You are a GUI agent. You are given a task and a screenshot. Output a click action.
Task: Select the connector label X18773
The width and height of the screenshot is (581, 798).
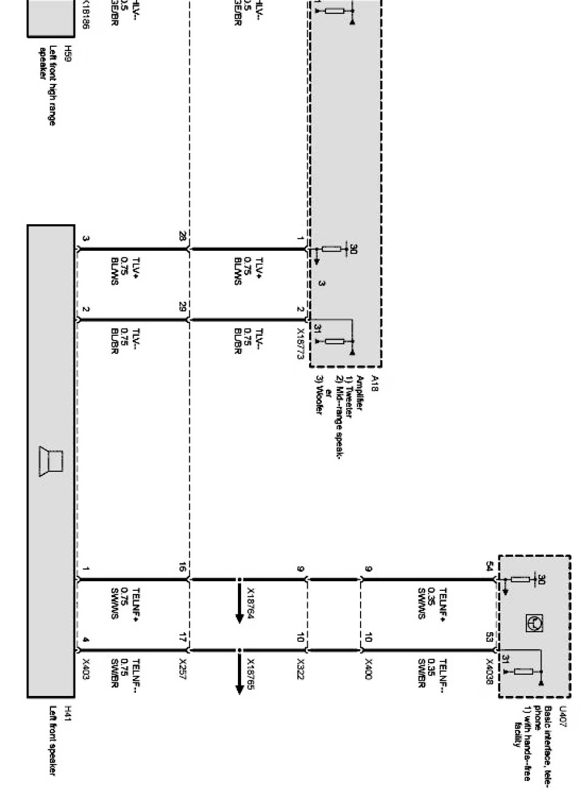tap(300, 344)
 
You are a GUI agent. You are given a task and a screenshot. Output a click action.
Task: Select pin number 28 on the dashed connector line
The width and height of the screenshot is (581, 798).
tap(182, 237)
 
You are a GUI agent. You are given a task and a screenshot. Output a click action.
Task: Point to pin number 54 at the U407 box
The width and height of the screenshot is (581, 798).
tap(489, 567)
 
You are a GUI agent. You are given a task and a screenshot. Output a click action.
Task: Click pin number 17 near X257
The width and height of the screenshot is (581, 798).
tap(182, 638)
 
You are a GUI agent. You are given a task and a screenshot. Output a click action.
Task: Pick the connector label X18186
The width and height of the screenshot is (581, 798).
tap(86, 16)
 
